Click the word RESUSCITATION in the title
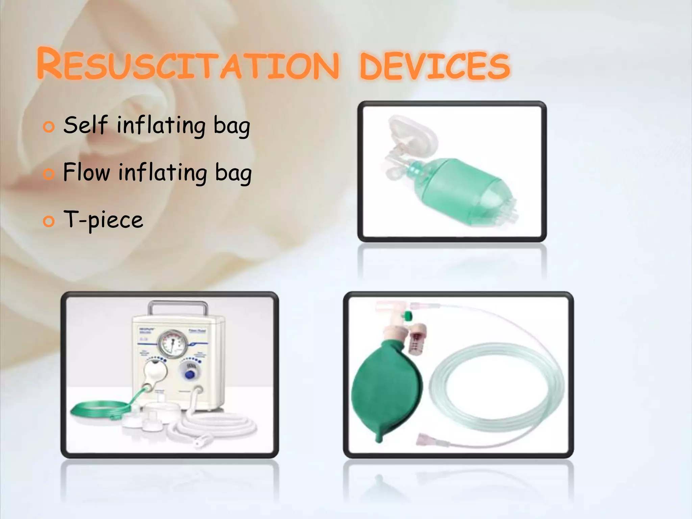(x=188, y=64)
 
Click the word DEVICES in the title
(x=435, y=66)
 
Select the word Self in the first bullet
(x=85, y=125)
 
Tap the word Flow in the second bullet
(x=86, y=172)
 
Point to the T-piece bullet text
(x=103, y=220)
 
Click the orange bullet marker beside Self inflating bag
(x=49, y=127)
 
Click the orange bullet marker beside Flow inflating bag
(x=49, y=174)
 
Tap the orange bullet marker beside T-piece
(x=49, y=222)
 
